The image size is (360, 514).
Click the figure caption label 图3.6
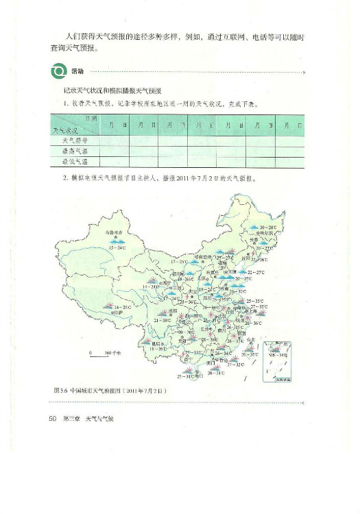(58, 390)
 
